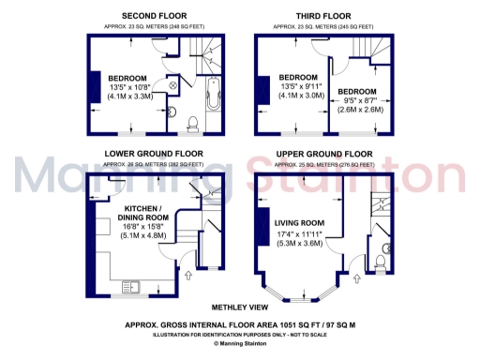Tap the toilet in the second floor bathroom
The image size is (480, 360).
pyautogui.click(x=193, y=124)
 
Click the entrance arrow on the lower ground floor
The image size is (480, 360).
pyautogui.click(x=189, y=276)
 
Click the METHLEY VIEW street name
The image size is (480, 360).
pyautogui.click(x=240, y=307)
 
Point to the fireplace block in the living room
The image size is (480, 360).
pyautogui.click(x=260, y=229)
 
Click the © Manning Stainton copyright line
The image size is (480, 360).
pyautogui.click(x=239, y=343)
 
